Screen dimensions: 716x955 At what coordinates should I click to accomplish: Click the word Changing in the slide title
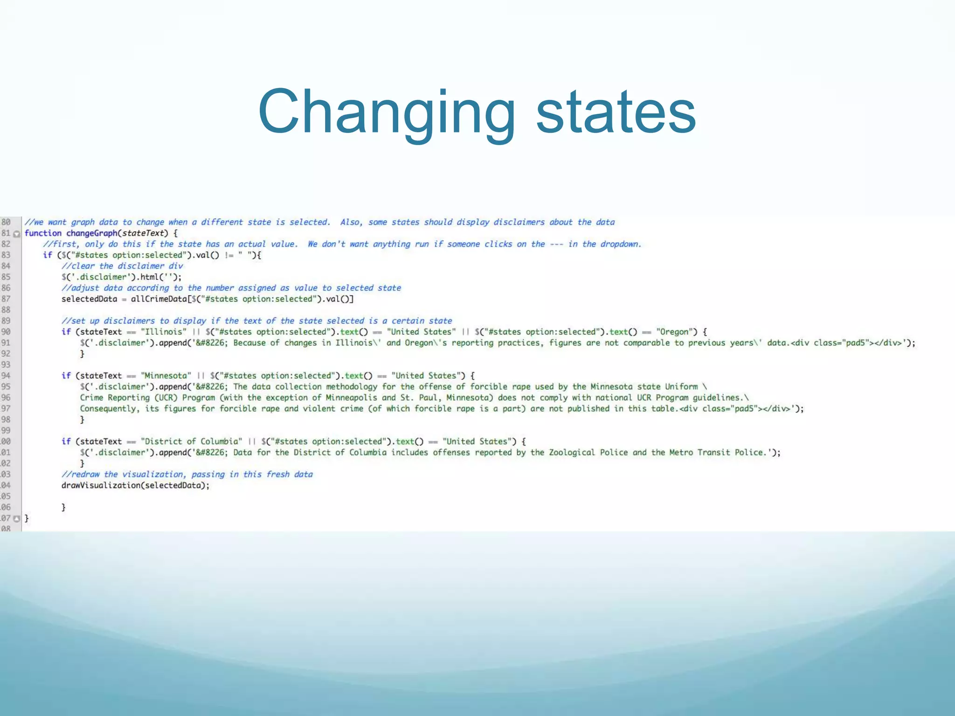tap(387, 112)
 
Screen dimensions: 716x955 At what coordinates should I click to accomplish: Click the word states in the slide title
tap(616, 112)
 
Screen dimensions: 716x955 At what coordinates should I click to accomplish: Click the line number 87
tap(6, 299)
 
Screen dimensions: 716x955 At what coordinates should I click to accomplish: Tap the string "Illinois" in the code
tap(164, 332)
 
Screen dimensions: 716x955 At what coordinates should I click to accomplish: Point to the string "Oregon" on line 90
tap(674, 332)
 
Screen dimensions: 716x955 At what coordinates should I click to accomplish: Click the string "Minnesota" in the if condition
tap(166, 376)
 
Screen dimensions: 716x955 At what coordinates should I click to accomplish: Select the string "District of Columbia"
tap(192, 441)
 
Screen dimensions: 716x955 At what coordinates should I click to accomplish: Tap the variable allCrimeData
tap(159, 299)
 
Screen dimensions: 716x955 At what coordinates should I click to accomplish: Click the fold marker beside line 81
tap(17, 234)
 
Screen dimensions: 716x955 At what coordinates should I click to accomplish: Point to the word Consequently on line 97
tap(109, 409)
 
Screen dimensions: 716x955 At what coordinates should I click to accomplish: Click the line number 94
tap(6, 376)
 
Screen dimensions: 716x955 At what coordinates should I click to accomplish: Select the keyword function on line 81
tap(43, 233)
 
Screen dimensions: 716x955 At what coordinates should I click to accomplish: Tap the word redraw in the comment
tap(85, 475)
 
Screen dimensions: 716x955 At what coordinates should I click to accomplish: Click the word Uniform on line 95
tap(681, 386)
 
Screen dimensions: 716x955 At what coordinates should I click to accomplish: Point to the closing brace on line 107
tap(27, 518)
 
